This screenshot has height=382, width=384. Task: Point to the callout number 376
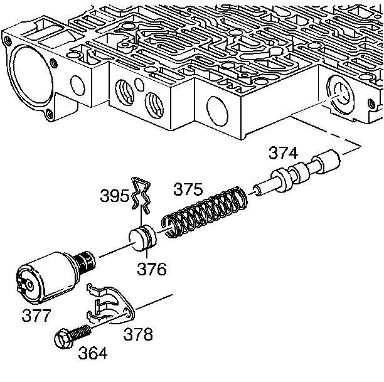(152, 269)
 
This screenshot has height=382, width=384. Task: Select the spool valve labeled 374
(301, 175)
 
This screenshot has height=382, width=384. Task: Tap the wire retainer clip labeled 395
(142, 194)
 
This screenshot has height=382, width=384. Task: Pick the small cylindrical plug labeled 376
(141, 239)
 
